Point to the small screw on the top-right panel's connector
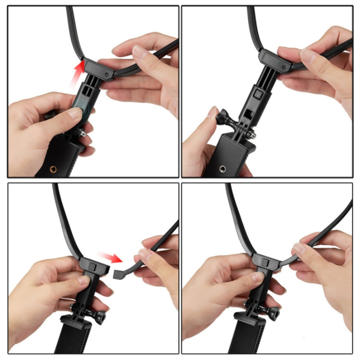(285, 67)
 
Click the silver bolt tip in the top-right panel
(253, 135)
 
